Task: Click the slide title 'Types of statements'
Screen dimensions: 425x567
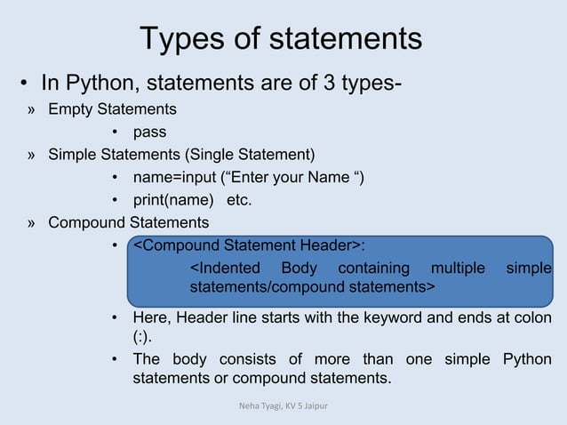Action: coord(281,39)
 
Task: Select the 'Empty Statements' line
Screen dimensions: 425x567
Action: coord(112,109)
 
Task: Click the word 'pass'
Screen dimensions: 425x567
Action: coord(149,132)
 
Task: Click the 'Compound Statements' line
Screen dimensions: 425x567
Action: coord(129,222)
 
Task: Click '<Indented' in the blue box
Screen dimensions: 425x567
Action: coord(226,268)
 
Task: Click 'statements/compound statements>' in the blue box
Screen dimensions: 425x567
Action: coord(312,288)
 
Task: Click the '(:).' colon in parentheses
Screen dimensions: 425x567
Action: coord(144,338)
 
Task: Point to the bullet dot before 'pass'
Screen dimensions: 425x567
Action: coord(116,133)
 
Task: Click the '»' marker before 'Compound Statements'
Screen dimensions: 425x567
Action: coord(32,222)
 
